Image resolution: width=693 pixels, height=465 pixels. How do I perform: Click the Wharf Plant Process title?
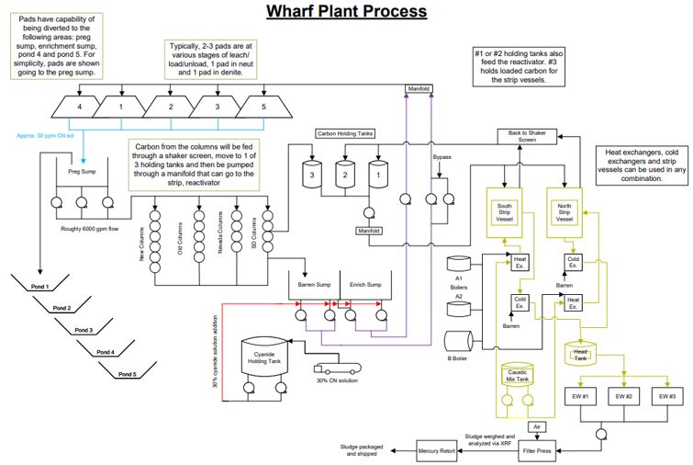346,12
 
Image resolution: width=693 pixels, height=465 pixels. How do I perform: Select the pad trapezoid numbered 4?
80,108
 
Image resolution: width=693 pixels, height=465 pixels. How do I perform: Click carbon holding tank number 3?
313,172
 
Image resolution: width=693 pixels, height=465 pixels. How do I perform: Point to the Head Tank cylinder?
580,353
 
